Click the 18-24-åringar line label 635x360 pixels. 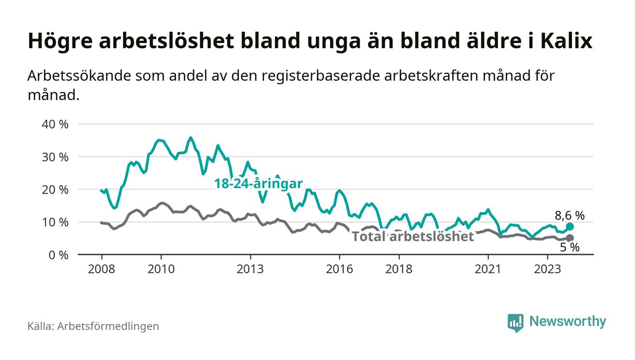coord(259,184)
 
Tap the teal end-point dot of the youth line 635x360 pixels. coord(570,227)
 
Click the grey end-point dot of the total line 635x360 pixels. coord(570,238)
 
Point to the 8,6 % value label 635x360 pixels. coord(570,215)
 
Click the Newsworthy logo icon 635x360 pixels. coord(515,322)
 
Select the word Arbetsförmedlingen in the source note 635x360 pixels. coord(108,326)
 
